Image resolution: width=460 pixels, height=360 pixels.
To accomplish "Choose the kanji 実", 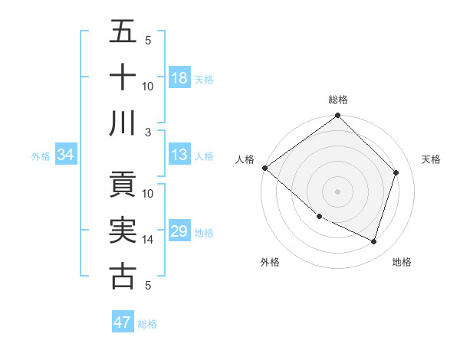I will coord(123,230).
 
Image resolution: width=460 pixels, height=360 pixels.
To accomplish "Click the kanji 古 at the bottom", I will coord(123,276).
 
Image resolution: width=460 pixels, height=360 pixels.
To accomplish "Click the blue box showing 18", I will coord(179,77).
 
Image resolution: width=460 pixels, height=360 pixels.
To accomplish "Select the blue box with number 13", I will coord(179,155).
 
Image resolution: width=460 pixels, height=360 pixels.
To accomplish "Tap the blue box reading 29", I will coord(179,231).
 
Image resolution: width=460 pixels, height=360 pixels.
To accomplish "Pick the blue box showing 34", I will coord(65,155).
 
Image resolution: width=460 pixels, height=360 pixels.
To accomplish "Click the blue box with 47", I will coord(123,322).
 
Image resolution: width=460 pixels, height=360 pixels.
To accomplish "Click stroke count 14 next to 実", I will coord(148,240).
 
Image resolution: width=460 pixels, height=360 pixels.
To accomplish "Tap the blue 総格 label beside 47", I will coord(147,324).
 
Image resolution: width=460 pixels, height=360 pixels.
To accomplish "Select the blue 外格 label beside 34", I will coord(41,156).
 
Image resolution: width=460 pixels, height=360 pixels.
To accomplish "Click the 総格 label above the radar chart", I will coord(337,100).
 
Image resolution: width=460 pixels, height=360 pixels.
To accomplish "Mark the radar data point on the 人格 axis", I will coord(264,168).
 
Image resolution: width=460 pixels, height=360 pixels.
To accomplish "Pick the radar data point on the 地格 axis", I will coord(373,241).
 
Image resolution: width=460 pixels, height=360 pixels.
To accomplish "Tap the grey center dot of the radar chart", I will coord(337,191).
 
